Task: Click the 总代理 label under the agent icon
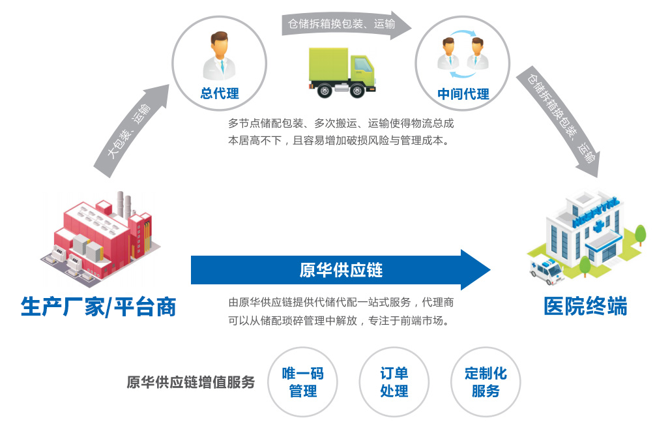pyautogui.click(x=220, y=93)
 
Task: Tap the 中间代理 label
pyautogui.click(x=463, y=94)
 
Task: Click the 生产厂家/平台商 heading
pyautogui.click(x=98, y=307)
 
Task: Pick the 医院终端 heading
pyautogui.click(x=585, y=306)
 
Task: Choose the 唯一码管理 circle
pyautogui.click(x=302, y=382)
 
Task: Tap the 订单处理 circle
pyautogui.click(x=394, y=382)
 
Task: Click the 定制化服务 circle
pyautogui.click(x=486, y=382)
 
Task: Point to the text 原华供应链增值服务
pyautogui.click(x=190, y=382)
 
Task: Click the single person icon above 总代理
pyautogui.click(x=220, y=57)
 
